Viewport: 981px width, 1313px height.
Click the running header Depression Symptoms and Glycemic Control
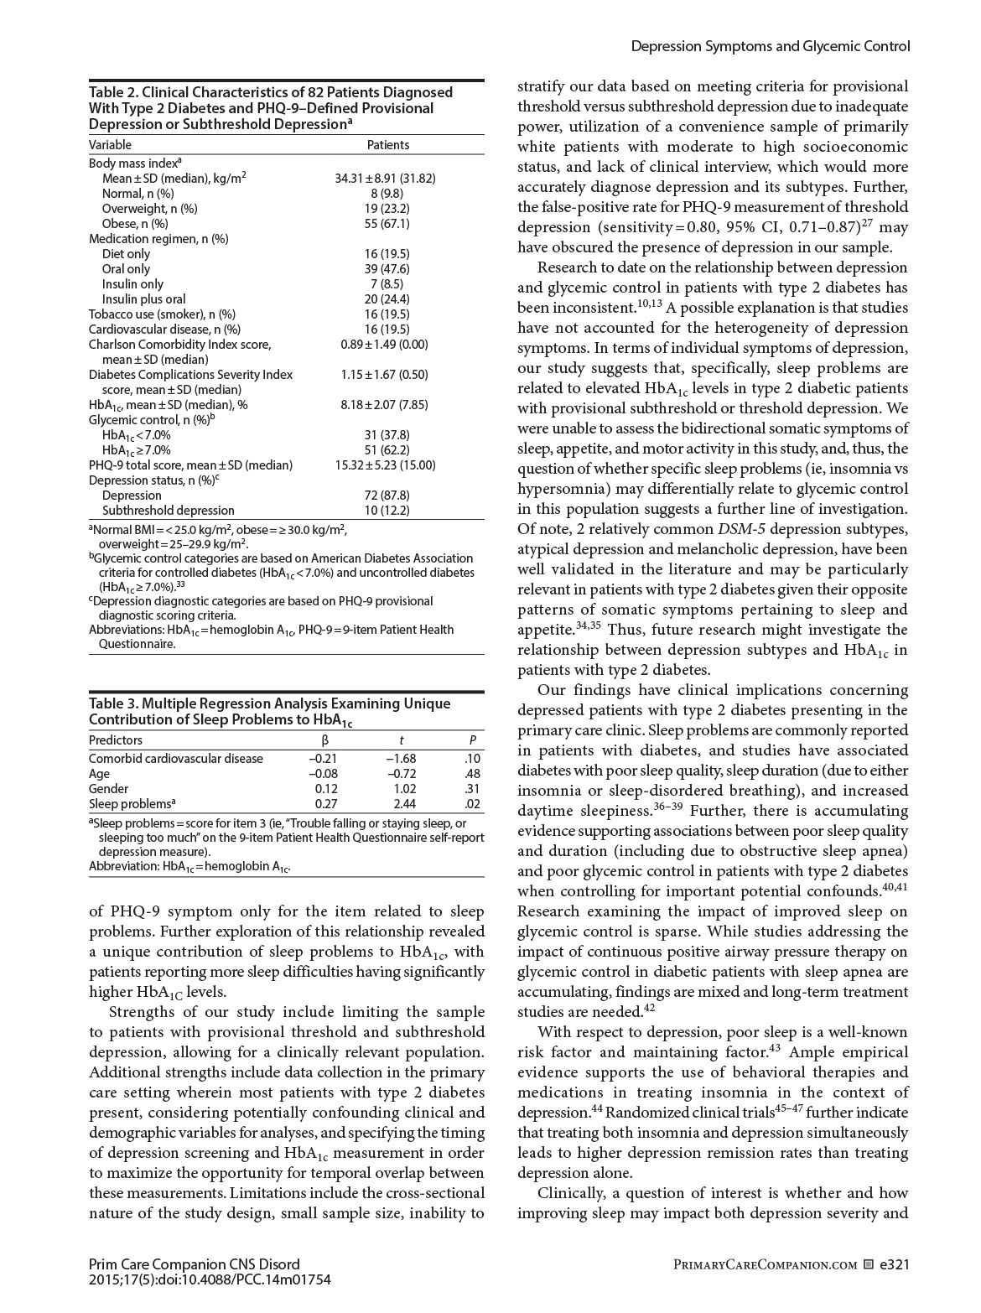pos(770,47)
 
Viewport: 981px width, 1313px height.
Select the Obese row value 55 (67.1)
pos(387,224)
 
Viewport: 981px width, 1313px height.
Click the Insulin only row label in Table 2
pos(132,284)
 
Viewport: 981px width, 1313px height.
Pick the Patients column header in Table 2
pos(388,145)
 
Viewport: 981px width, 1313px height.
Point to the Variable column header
pos(110,145)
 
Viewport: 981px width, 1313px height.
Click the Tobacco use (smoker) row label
pos(162,314)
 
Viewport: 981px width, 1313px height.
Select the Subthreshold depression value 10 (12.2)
pos(387,511)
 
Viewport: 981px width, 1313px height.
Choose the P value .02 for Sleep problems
pos(472,804)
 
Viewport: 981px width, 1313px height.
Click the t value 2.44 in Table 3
pos(404,804)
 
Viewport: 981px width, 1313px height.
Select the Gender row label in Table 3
pos(108,789)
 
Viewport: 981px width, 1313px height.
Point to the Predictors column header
pos(116,740)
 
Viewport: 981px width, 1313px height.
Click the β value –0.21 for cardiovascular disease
pos(323,759)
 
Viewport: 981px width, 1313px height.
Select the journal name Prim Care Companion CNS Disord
pos(194,1264)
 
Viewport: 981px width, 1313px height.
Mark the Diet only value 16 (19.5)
pos(387,254)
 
